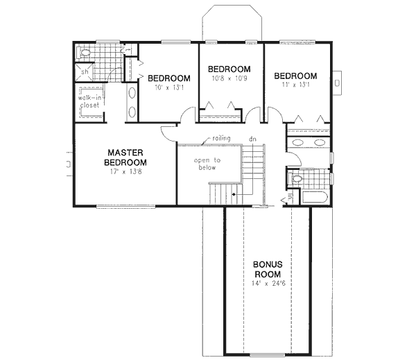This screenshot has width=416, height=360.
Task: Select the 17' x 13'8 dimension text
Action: coord(126,171)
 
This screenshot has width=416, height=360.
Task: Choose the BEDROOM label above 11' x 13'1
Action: coord(295,76)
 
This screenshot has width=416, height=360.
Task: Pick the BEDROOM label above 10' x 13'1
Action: coord(168,78)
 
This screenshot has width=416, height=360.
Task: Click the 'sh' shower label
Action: coord(85,71)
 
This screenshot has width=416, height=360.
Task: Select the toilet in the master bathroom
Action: coord(84,52)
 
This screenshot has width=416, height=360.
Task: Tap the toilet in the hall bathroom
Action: coord(297,178)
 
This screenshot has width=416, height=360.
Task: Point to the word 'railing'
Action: coord(211,139)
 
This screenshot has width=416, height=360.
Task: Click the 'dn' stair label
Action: coord(253,139)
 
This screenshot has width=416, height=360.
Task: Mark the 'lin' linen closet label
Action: coord(290,197)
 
